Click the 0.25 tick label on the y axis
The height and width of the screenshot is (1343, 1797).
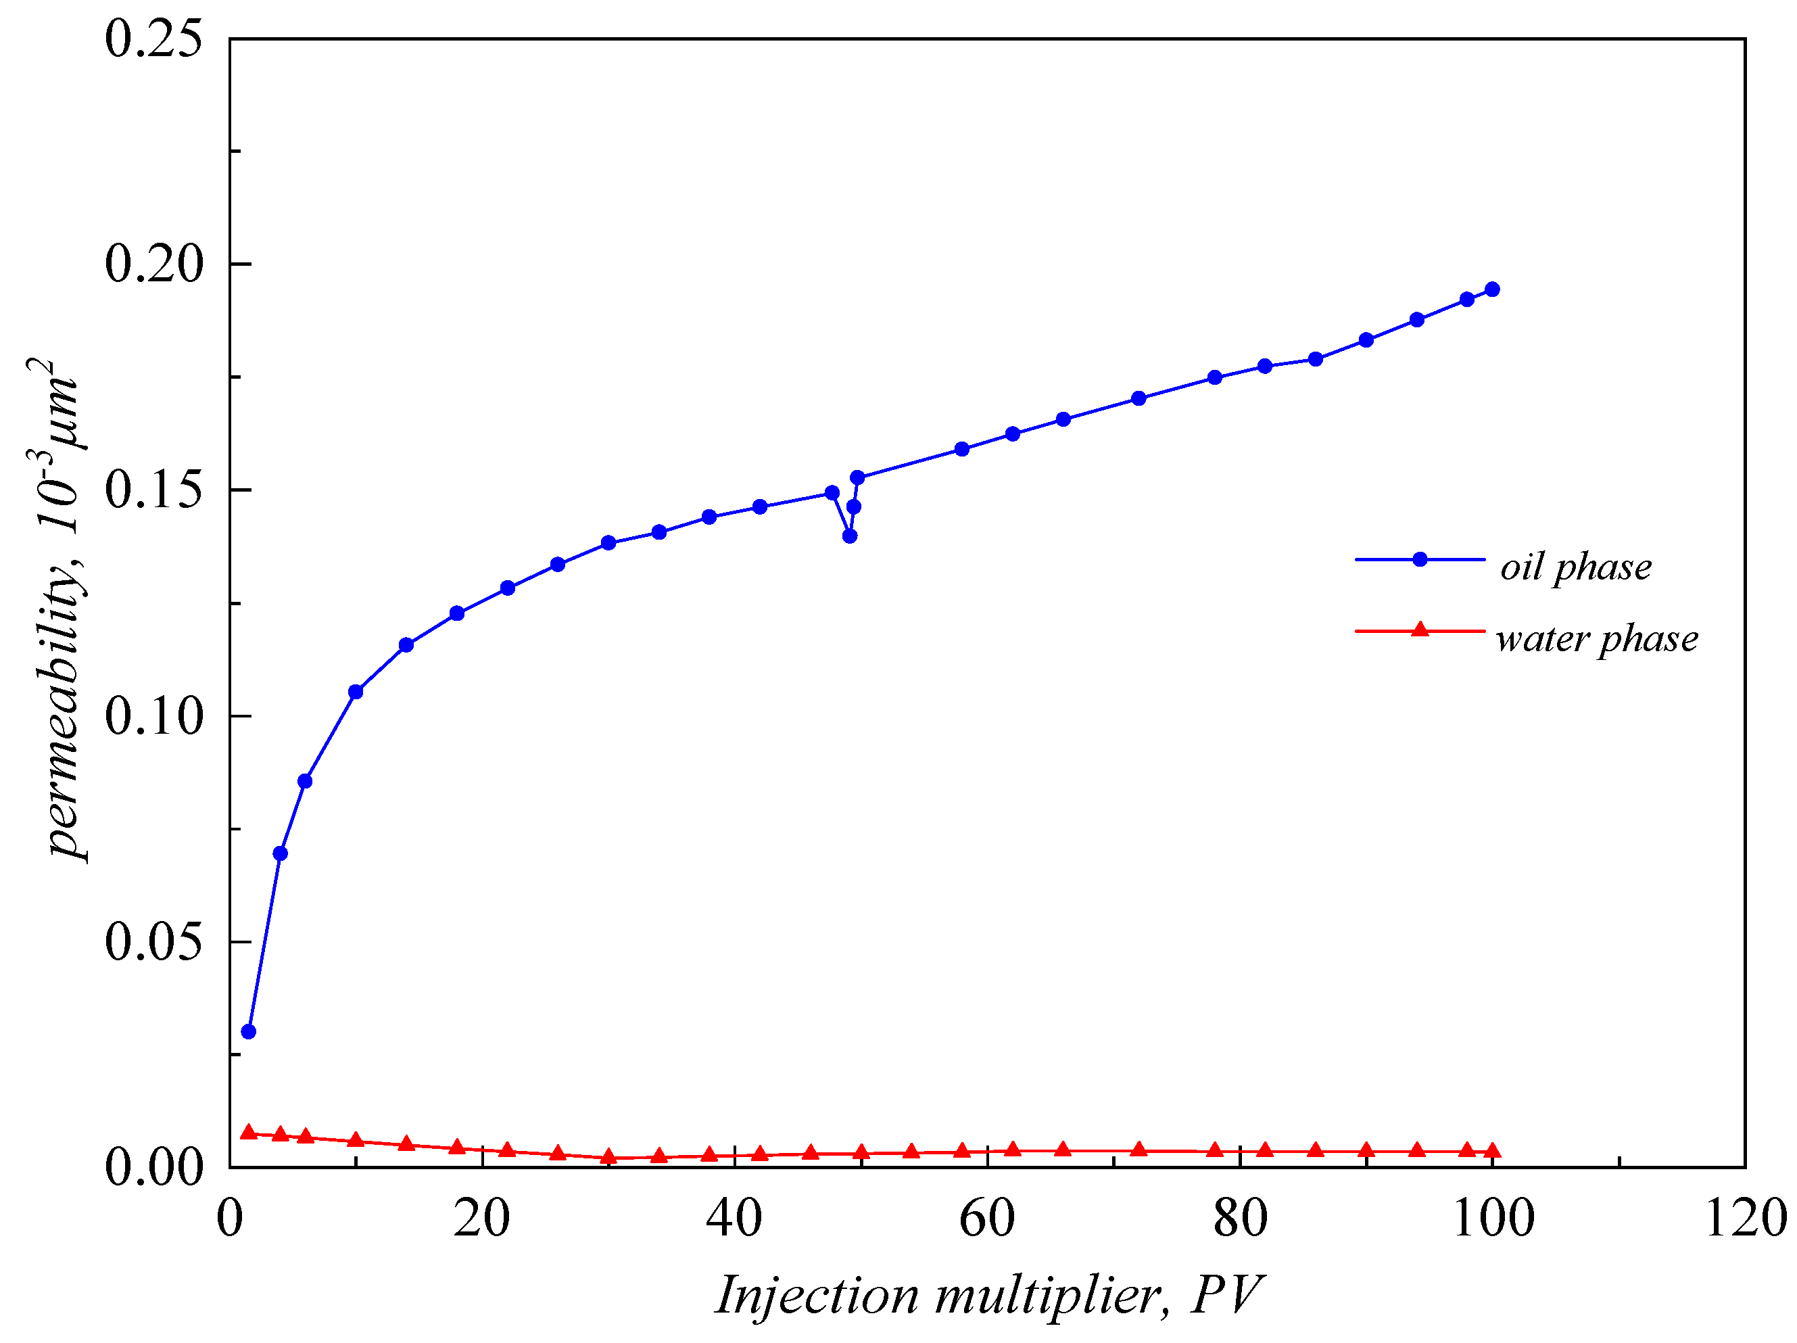click(153, 39)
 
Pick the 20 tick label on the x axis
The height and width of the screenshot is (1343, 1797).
click(482, 1219)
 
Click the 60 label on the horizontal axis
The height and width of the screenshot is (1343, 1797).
click(987, 1219)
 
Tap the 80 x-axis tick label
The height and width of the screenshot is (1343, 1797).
click(1240, 1219)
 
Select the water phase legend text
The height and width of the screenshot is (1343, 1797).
click(1596, 638)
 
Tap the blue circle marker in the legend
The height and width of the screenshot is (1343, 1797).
click(1420, 559)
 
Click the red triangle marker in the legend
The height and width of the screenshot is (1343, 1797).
click(1420, 630)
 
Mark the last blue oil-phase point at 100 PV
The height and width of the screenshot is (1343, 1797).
click(1492, 289)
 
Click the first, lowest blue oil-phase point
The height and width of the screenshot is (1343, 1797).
click(249, 1032)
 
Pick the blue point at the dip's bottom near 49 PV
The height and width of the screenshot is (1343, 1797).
click(850, 536)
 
